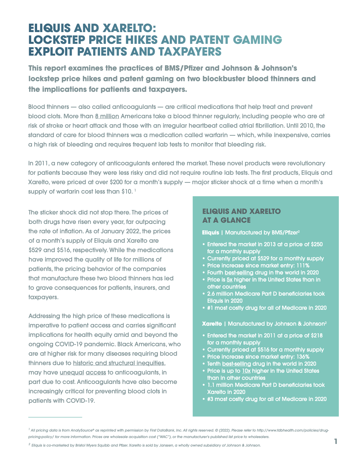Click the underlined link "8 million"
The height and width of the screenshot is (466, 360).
[x=107, y=116]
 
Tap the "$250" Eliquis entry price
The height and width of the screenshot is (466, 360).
[x=315, y=244]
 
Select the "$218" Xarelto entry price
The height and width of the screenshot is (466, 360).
[x=315, y=335]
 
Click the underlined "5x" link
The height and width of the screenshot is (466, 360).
[x=229, y=279]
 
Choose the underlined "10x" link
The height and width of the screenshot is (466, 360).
[x=246, y=371]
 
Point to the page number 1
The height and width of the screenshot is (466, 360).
[x=336, y=441]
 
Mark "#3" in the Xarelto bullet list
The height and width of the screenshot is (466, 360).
[x=211, y=399]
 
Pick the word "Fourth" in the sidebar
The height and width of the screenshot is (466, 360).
[x=215, y=272]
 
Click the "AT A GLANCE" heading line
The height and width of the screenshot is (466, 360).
[x=226, y=220]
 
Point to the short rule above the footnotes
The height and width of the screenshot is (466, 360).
[x=55, y=417]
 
